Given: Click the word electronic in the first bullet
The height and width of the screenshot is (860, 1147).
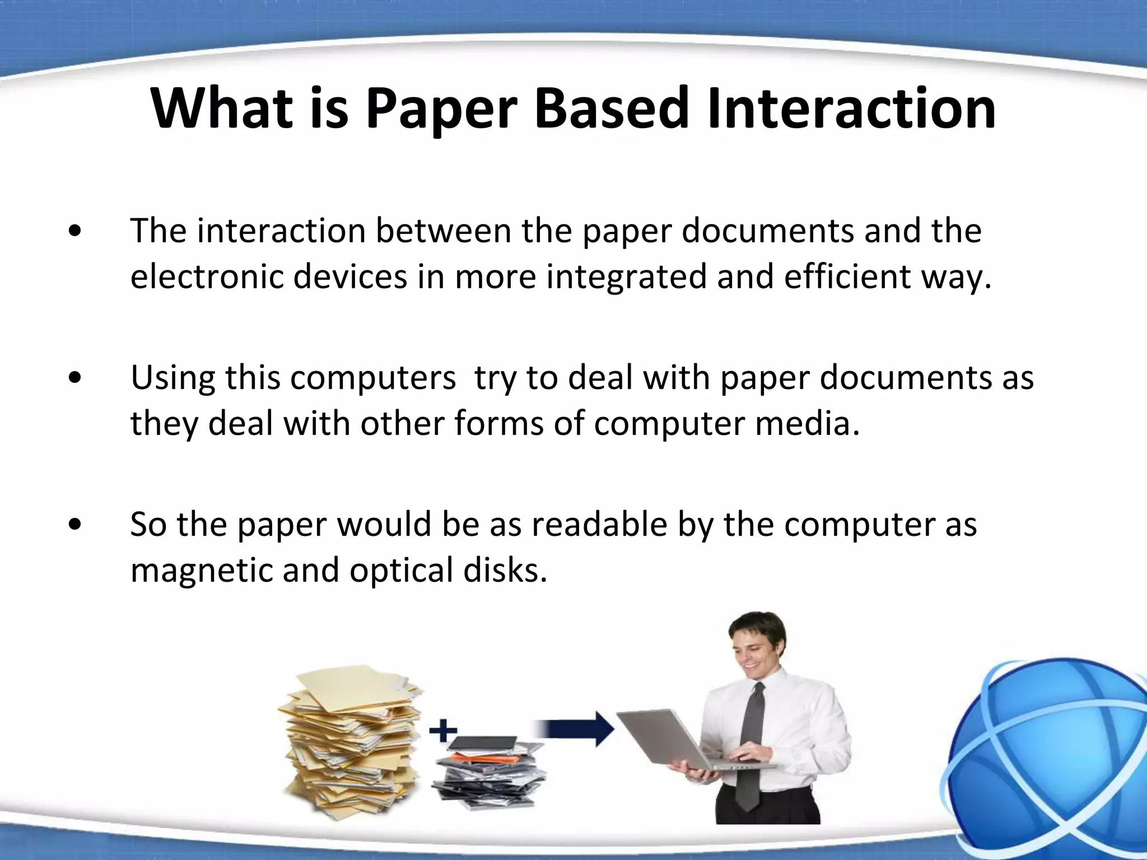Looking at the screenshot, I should (x=207, y=277).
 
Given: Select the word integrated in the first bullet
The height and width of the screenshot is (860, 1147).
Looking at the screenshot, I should (x=627, y=278).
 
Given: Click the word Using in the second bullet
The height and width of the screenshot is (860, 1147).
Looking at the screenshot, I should (x=172, y=378).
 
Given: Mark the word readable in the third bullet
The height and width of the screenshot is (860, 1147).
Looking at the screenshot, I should (x=599, y=525).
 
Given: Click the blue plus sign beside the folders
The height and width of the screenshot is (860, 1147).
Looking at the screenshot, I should (x=443, y=731).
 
